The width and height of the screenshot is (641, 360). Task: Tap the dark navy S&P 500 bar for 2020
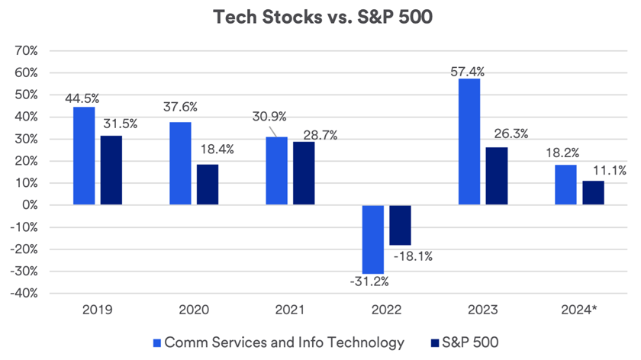tap(208, 185)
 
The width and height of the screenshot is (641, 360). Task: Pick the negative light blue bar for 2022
tap(373, 239)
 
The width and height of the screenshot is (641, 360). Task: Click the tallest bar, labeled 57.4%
tap(469, 142)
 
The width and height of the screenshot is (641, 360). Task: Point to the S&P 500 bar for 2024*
tap(593, 193)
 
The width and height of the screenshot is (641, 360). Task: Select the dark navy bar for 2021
tap(304, 173)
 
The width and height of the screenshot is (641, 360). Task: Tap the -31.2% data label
tap(369, 282)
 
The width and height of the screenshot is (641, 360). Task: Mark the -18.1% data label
tap(413, 256)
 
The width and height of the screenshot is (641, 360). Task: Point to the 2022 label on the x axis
tap(386, 312)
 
